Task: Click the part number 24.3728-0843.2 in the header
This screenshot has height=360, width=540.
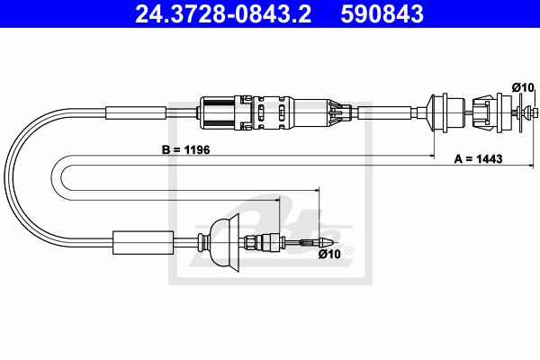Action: click(x=223, y=14)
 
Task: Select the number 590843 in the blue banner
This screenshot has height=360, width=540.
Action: click(x=382, y=14)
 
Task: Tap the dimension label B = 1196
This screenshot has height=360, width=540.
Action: click(x=185, y=150)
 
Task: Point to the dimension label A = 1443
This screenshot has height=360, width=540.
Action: click(x=479, y=158)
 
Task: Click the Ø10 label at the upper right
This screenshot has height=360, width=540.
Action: click(x=523, y=87)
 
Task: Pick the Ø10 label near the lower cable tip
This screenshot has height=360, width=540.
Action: click(x=329, y=254)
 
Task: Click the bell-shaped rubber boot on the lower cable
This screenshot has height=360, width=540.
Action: click(x=224, y=242)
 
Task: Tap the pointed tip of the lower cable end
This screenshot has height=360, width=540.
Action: click(x=333, y=242)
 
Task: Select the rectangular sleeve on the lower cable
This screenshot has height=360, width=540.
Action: click(x=143, y=242)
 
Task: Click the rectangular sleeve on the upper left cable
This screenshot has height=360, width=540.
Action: click(x=136, y=113)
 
